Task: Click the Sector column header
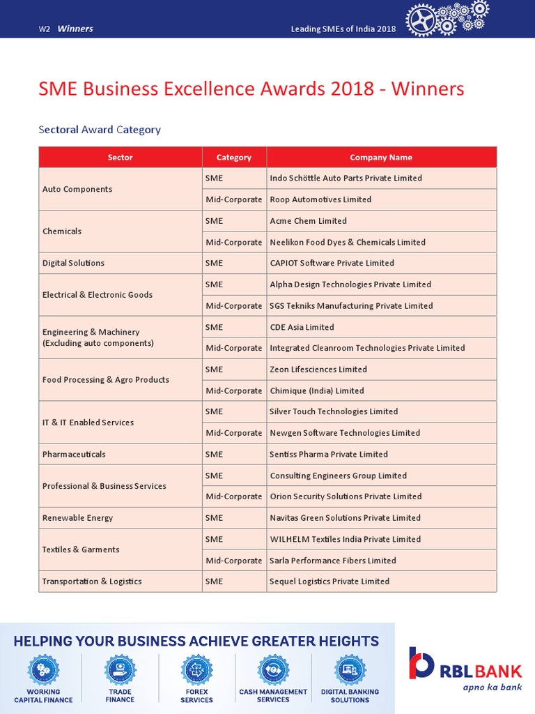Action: (120, 158)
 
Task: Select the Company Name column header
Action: (381, 158)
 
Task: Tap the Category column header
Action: (234, 158)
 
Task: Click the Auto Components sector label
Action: (77, 189)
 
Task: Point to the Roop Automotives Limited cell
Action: (320, 199)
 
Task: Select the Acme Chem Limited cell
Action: (308, 221)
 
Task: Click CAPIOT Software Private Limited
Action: (332, 263)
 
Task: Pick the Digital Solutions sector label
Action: (73, 263)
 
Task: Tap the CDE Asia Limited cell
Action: (302, 327)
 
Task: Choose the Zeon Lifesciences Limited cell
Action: (318, 370)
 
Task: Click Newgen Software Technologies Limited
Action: (345, 433)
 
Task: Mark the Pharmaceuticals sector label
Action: (74, 454)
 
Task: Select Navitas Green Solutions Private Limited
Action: (345, 518)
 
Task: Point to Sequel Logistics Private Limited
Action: (329, 582)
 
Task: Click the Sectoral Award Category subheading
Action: (100, 130)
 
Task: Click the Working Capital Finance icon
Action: (43, 670)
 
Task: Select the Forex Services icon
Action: (196, 670)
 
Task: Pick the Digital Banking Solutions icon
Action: (350, 670)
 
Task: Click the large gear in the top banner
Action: (422, 20)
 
